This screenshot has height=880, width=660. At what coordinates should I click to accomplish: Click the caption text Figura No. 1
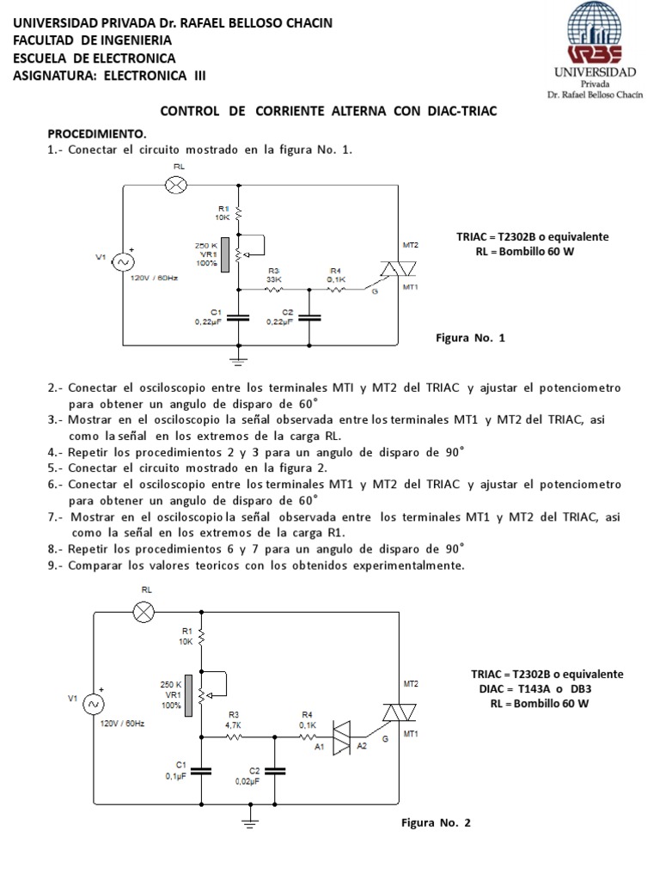[x=472, y=339]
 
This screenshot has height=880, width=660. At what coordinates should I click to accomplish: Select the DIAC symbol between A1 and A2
[x=343, y=736]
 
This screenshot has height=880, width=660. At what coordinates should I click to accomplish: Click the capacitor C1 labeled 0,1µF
[x=201, y=770]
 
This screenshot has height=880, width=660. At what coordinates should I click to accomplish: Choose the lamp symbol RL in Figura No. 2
[x=145, y=612]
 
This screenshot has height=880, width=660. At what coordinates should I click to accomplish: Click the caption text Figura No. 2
[x=437, y=822]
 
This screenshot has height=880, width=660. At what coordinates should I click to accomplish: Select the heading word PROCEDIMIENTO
[x=97, y=135]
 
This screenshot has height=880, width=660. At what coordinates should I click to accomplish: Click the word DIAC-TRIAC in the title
[x=455, y=112]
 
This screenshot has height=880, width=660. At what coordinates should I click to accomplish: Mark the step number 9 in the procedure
[x=52, y=565]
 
